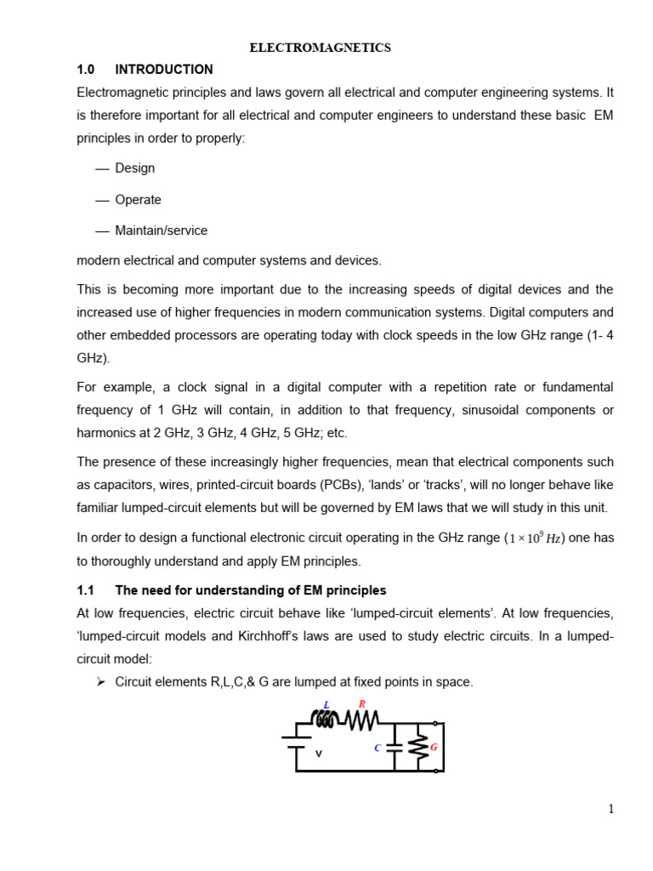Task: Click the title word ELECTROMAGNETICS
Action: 320,48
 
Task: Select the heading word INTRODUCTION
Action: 164,70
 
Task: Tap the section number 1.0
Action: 86,70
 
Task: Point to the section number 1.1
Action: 86,590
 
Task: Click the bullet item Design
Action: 135,168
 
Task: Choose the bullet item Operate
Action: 138,200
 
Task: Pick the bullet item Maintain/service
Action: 161,231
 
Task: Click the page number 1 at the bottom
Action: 610,809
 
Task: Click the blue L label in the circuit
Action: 326,705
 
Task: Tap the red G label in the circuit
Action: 434,747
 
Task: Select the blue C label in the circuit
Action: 378,749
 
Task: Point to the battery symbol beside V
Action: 296,742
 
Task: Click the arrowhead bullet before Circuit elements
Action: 100,681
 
